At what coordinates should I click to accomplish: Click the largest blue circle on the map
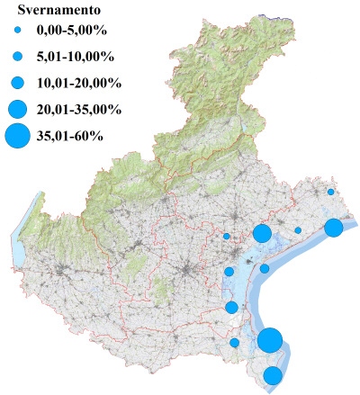point(270,341)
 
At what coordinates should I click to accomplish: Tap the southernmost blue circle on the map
point(273,375)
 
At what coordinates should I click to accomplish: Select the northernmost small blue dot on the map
point(331,192)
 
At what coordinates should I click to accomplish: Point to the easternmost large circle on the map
point(333,228)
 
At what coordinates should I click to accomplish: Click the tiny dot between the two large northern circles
point(298,230)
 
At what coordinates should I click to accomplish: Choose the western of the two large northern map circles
point(262,234)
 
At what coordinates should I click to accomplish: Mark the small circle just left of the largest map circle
point(235,342)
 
